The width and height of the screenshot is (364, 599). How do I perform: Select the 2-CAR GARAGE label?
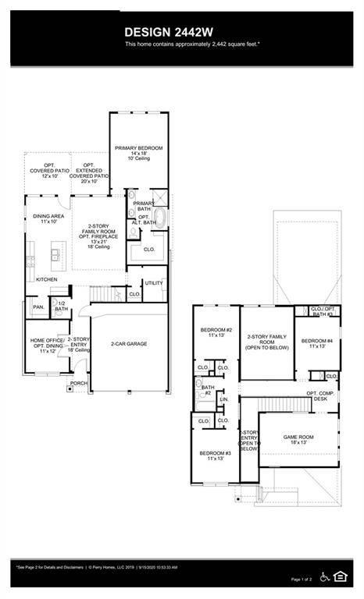[129, 344]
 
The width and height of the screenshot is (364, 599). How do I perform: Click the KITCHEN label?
[47, 279]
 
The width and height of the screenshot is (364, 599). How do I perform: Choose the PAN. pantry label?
[37, 307]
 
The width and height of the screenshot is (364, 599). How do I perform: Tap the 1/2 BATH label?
[62, 307]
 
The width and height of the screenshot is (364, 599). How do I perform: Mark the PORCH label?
[79, 384]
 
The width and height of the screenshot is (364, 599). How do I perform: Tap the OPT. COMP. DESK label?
[320, 396]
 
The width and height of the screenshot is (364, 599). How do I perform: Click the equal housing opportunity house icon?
[341, 577]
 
